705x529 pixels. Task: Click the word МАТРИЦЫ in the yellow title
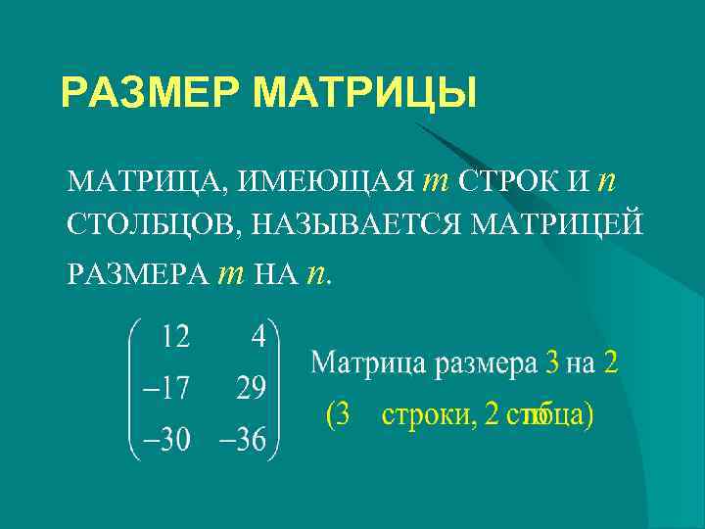coord(364,94)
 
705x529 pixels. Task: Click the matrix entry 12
coord(176,337)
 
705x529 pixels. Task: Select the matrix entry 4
coord(258,337)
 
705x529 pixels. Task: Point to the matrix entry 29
coord(251,389)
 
